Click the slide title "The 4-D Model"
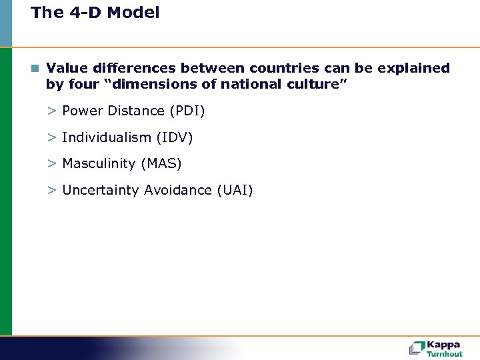click(95, 13)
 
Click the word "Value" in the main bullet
click(65, 68)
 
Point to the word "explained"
click(414, 69)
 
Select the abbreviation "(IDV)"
click(174, 137)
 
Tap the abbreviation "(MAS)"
click(161, 163)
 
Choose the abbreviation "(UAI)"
click(235, 190)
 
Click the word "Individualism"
click(107, 137)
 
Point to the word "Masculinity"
click(98, 163)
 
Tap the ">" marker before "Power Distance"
click(51, 111)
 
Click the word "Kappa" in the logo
click(444, 344)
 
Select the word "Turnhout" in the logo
click(445, 354)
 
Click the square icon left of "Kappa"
click(417, 348)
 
